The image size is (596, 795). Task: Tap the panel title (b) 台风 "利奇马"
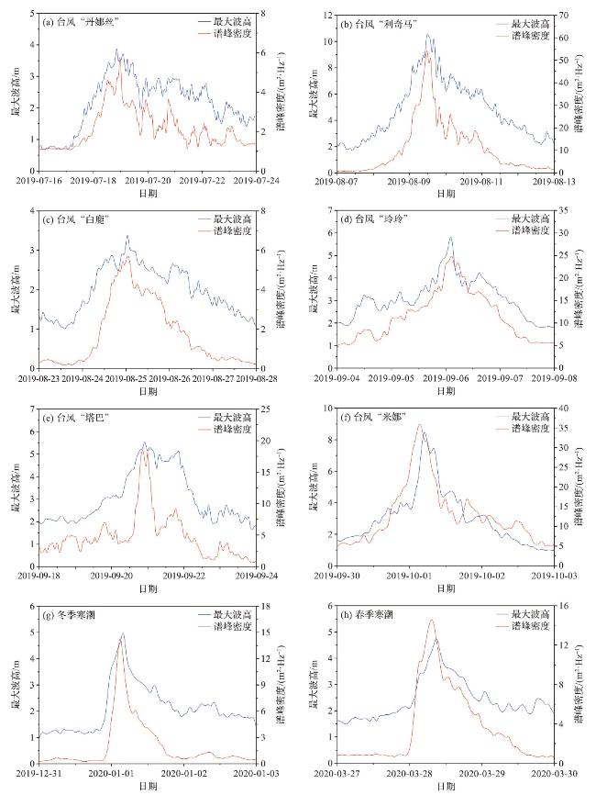(374, 21)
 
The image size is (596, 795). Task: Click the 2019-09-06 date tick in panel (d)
(447, 378)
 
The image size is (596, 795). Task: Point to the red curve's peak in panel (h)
(432, 621)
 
